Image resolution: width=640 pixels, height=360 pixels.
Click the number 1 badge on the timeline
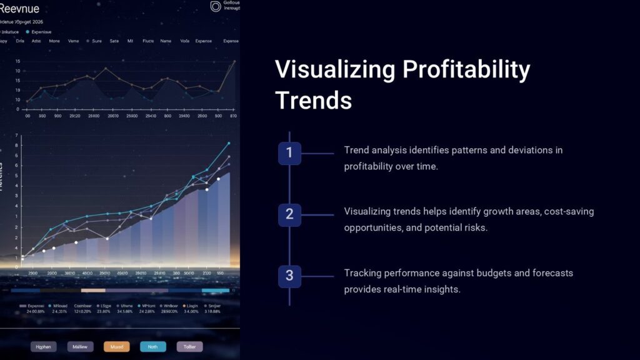point(289,153)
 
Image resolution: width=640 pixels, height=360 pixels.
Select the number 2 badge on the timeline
point(289,214)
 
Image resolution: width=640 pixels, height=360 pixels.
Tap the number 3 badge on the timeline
point(289,276)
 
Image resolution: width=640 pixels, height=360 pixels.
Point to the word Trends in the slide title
point(314,99)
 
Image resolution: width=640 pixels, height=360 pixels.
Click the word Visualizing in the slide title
point(334,69)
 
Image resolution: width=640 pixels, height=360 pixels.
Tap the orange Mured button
point(117,347)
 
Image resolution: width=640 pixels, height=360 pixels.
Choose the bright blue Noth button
point(153,347)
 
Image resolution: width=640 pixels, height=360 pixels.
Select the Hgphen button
point(44,347)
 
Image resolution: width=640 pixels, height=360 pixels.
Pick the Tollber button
point(189,347)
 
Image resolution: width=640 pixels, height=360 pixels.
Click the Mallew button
point(80,347)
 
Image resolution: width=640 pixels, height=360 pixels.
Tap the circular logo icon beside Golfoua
point(216,6)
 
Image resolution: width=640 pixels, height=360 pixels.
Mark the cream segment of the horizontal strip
point(93,291)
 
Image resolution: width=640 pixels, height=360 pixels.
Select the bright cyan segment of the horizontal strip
point(215,291)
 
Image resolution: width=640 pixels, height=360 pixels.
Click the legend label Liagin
point(191,306)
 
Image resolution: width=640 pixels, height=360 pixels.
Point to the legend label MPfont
point(148,306)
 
